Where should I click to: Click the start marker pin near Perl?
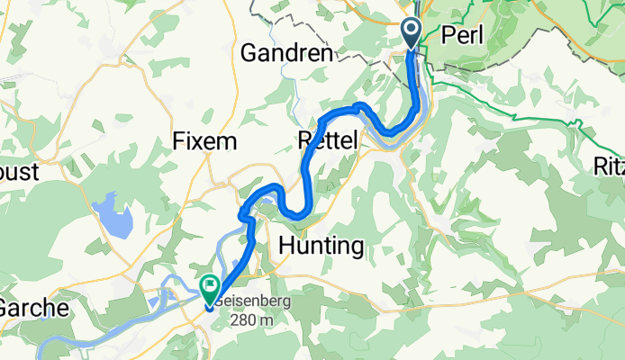pyautogui.click(x=412, y=33)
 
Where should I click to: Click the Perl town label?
pyautogui.click(x=464, y=35)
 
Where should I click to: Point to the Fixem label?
pyautogui.click(x=204, y=141)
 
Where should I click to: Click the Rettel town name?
pyautogui.click(x=327, y=139)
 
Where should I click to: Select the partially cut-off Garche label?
pyautogui.click(x=32, y=308)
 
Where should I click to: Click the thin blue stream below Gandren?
pyautogui.click(x=294, y=90)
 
